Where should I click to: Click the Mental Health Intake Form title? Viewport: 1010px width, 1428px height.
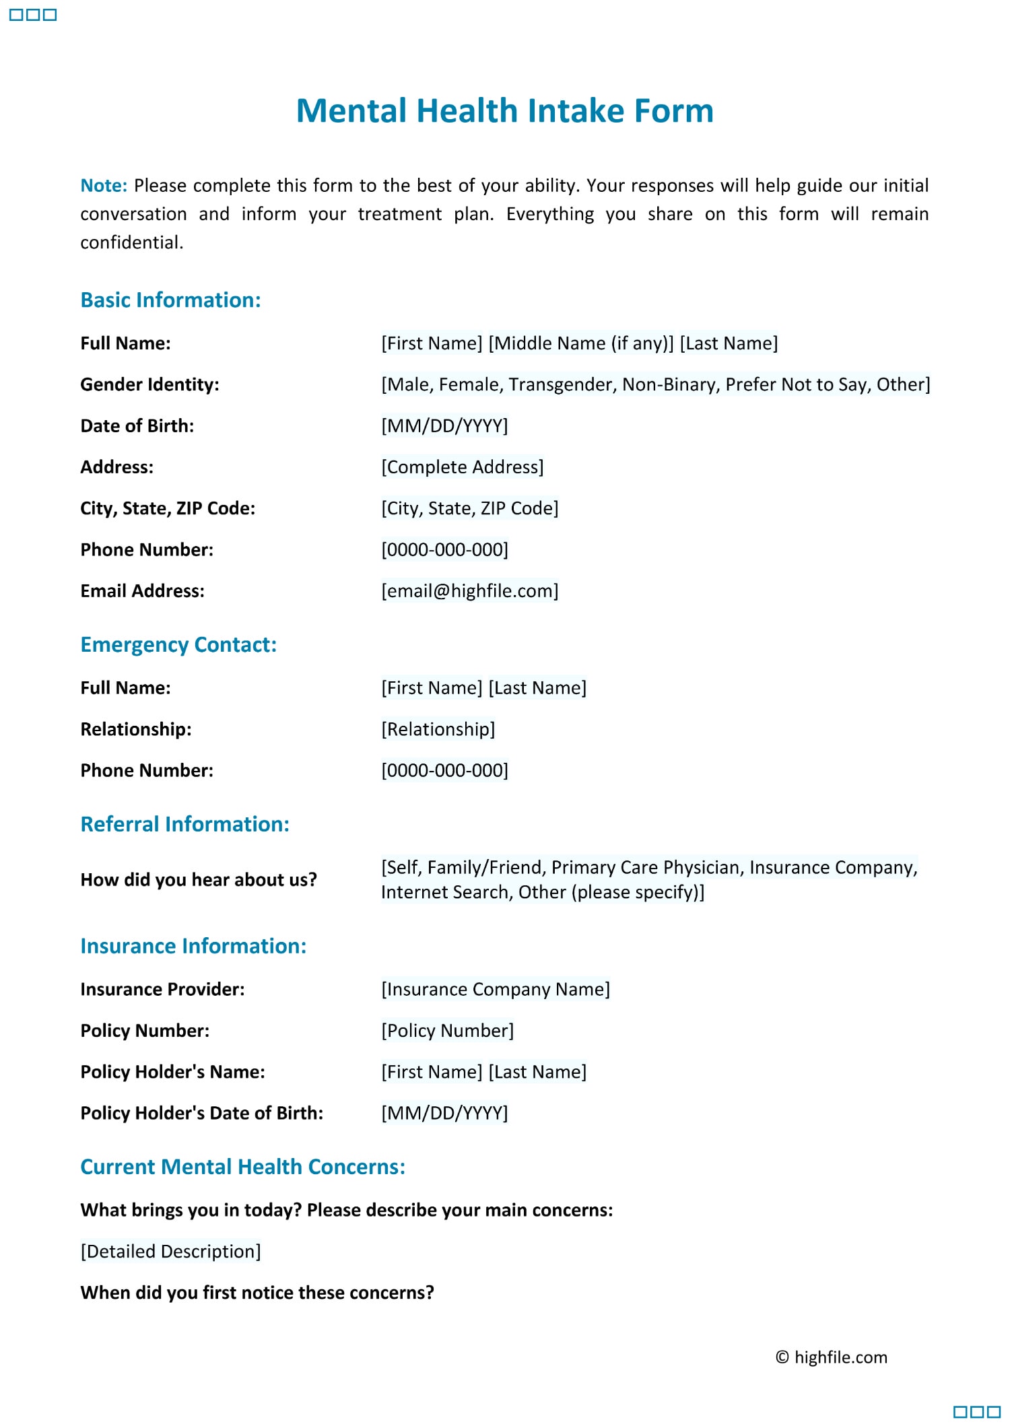(x=504, y=111)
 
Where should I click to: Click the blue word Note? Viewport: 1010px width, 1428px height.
(x=104, y=186)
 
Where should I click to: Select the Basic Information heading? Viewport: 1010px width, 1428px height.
(x=170, y=300)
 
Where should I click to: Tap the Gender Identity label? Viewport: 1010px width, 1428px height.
(x=149, y=384)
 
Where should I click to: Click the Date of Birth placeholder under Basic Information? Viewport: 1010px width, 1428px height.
(x=444, y=426)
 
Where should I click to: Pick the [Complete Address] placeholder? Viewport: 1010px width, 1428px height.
(x=462, y=467)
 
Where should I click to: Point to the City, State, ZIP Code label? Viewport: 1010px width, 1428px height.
(x=168, y=508)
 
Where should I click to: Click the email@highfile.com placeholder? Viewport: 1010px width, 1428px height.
(x=469, y=591)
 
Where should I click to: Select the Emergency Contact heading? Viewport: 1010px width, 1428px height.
(x=178, y=645)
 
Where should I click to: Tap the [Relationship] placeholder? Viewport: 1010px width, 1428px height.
(x=438, y=729)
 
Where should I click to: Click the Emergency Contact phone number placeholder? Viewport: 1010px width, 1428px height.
(x=444, y=770)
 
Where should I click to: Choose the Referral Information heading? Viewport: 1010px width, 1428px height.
(x=184, y=824)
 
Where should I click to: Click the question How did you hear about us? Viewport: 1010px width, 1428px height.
(x=198, y=880)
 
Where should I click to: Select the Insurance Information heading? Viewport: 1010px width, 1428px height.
(x=193, y=946)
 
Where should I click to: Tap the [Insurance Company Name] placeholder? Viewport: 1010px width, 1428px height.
(x=495, y=989)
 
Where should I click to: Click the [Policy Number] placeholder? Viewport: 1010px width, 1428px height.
(x=447, y=1031)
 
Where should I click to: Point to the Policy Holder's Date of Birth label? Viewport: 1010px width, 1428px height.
(x=201, y=1113)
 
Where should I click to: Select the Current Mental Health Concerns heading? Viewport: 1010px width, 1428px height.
(x=242, y=1167)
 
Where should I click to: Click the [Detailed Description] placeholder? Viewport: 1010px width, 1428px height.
(x=170, y=1251)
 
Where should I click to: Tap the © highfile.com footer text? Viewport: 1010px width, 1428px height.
(x=831, y=1357)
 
